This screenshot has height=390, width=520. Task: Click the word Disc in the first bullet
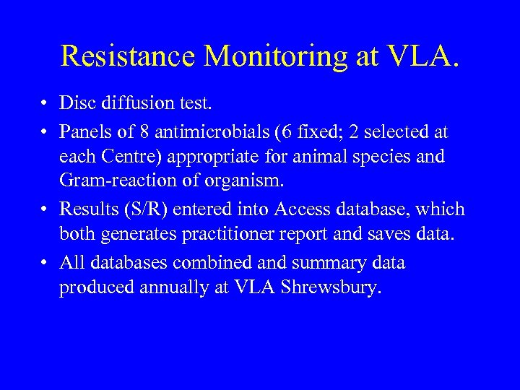tap(77, 105)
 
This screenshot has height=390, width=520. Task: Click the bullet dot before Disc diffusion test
tap(45, 105)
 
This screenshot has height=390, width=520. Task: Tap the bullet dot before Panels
tap(45, 132)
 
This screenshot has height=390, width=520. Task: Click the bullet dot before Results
tap(45, 210)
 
